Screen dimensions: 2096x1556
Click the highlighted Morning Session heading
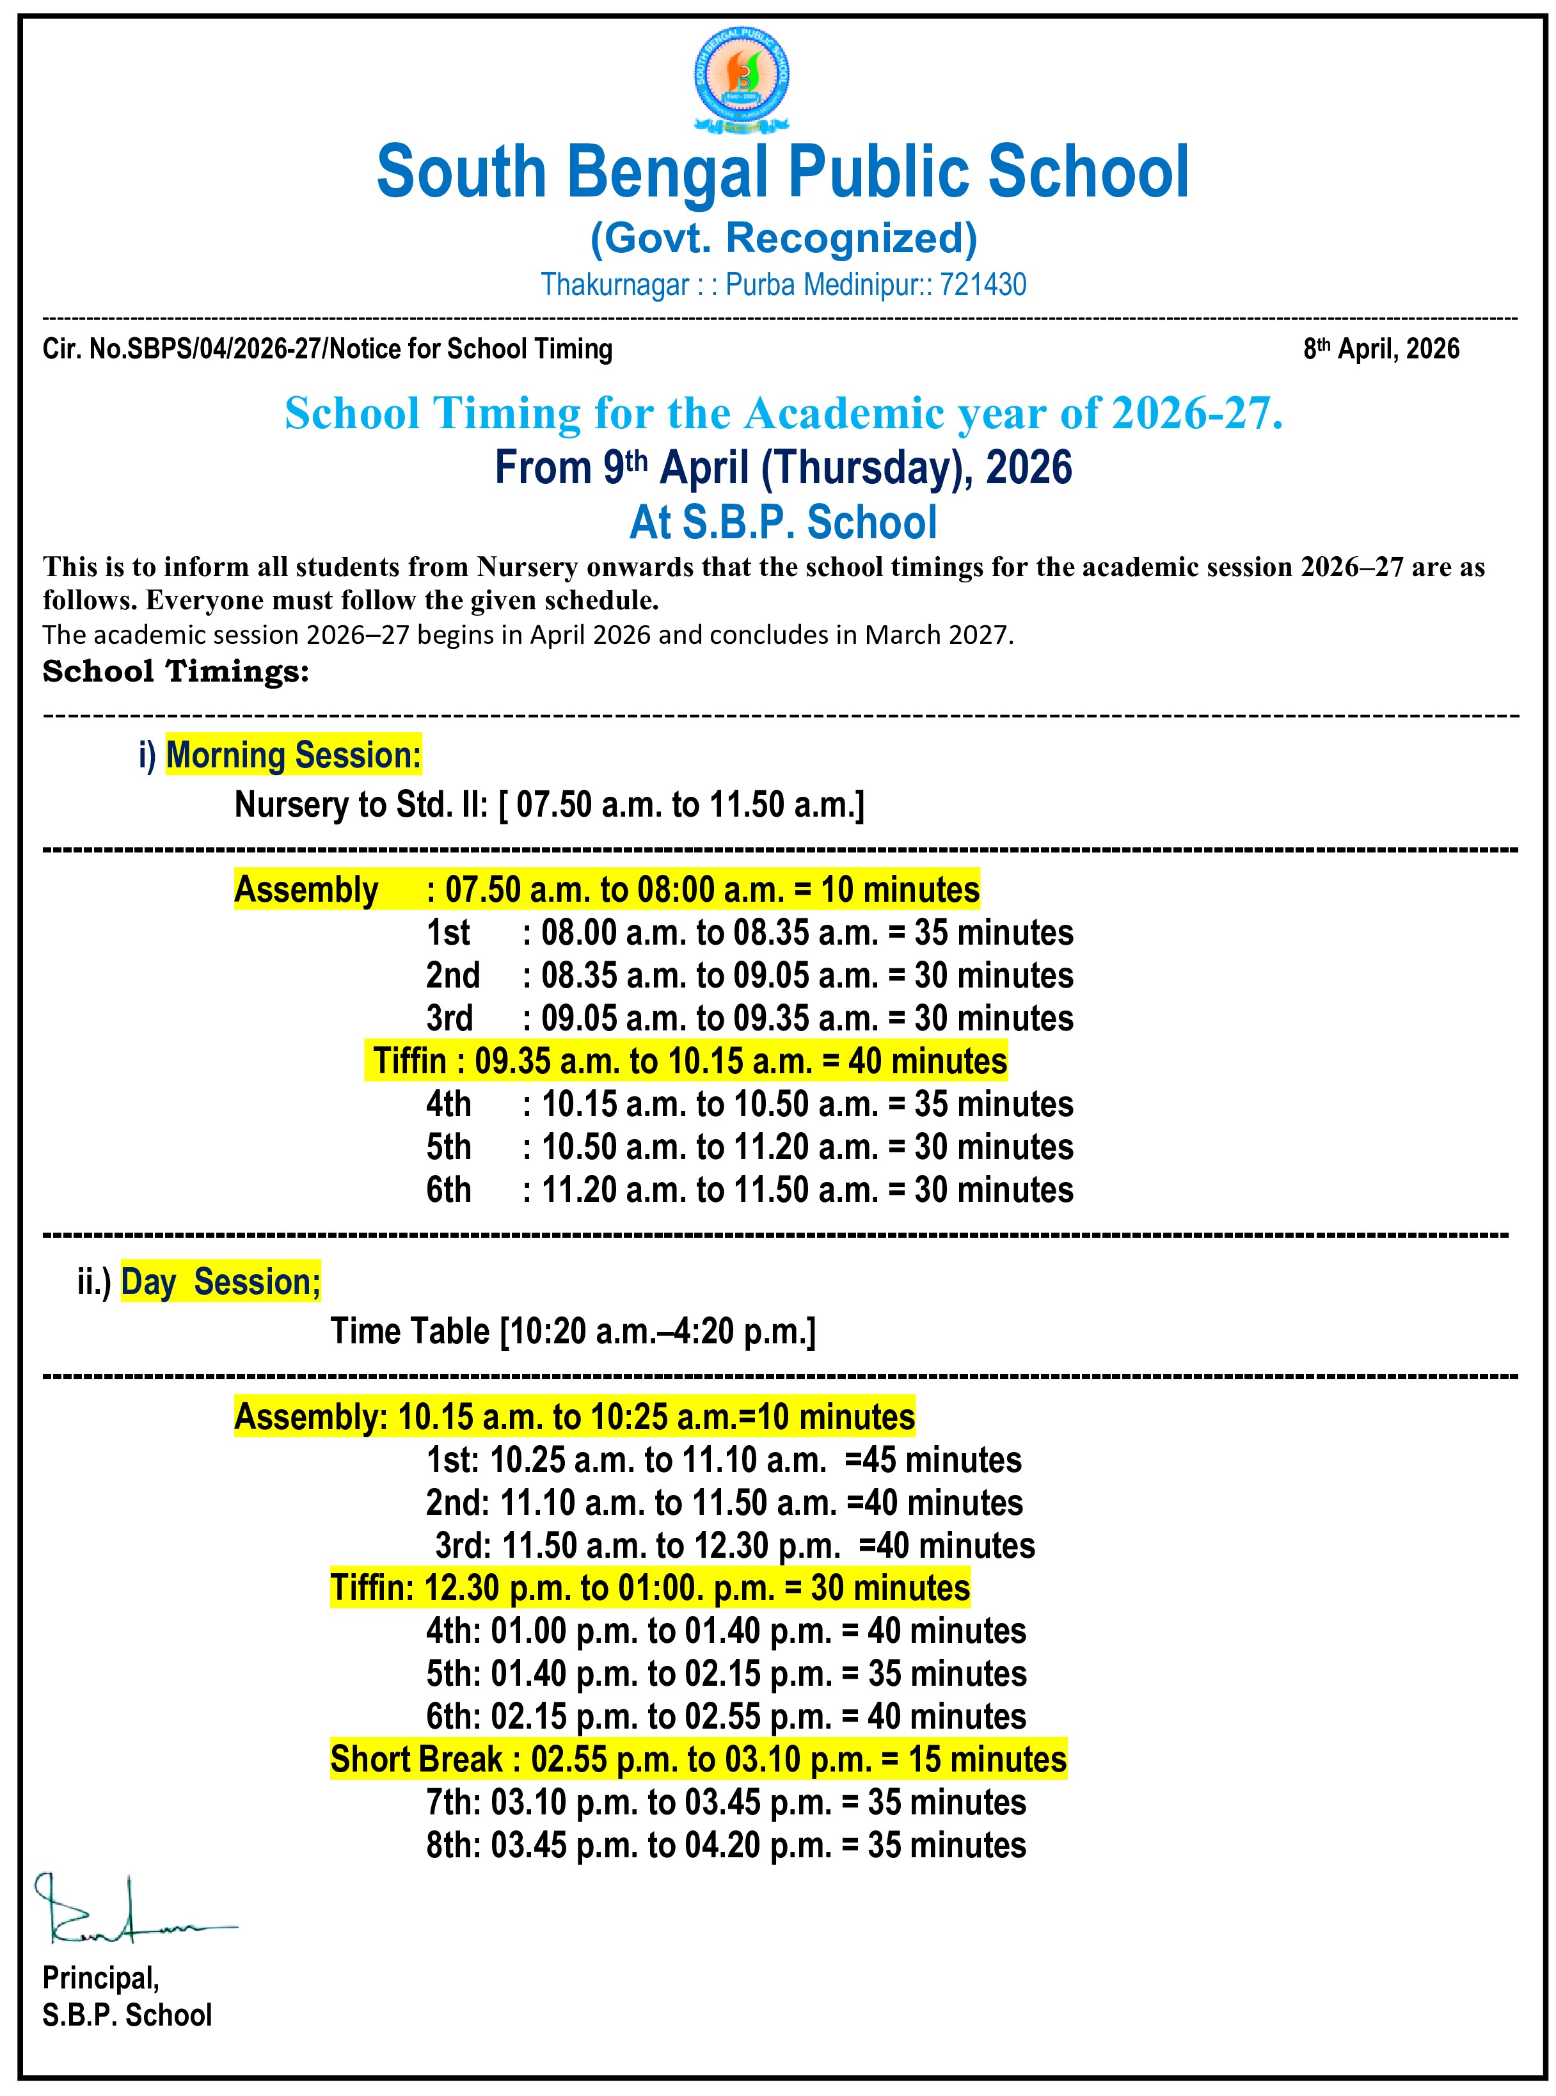293,755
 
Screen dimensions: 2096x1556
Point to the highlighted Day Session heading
220,1282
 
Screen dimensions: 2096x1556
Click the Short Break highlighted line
698,1759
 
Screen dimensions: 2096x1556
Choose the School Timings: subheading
176,671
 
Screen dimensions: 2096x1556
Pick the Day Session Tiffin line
650,1587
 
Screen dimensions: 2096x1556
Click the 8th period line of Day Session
726,1844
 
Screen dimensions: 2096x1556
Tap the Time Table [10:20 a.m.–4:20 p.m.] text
573,1331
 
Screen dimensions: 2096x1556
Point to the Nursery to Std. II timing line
549,804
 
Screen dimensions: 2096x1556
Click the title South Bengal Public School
782,172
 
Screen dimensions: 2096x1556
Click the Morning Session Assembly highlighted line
607,889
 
